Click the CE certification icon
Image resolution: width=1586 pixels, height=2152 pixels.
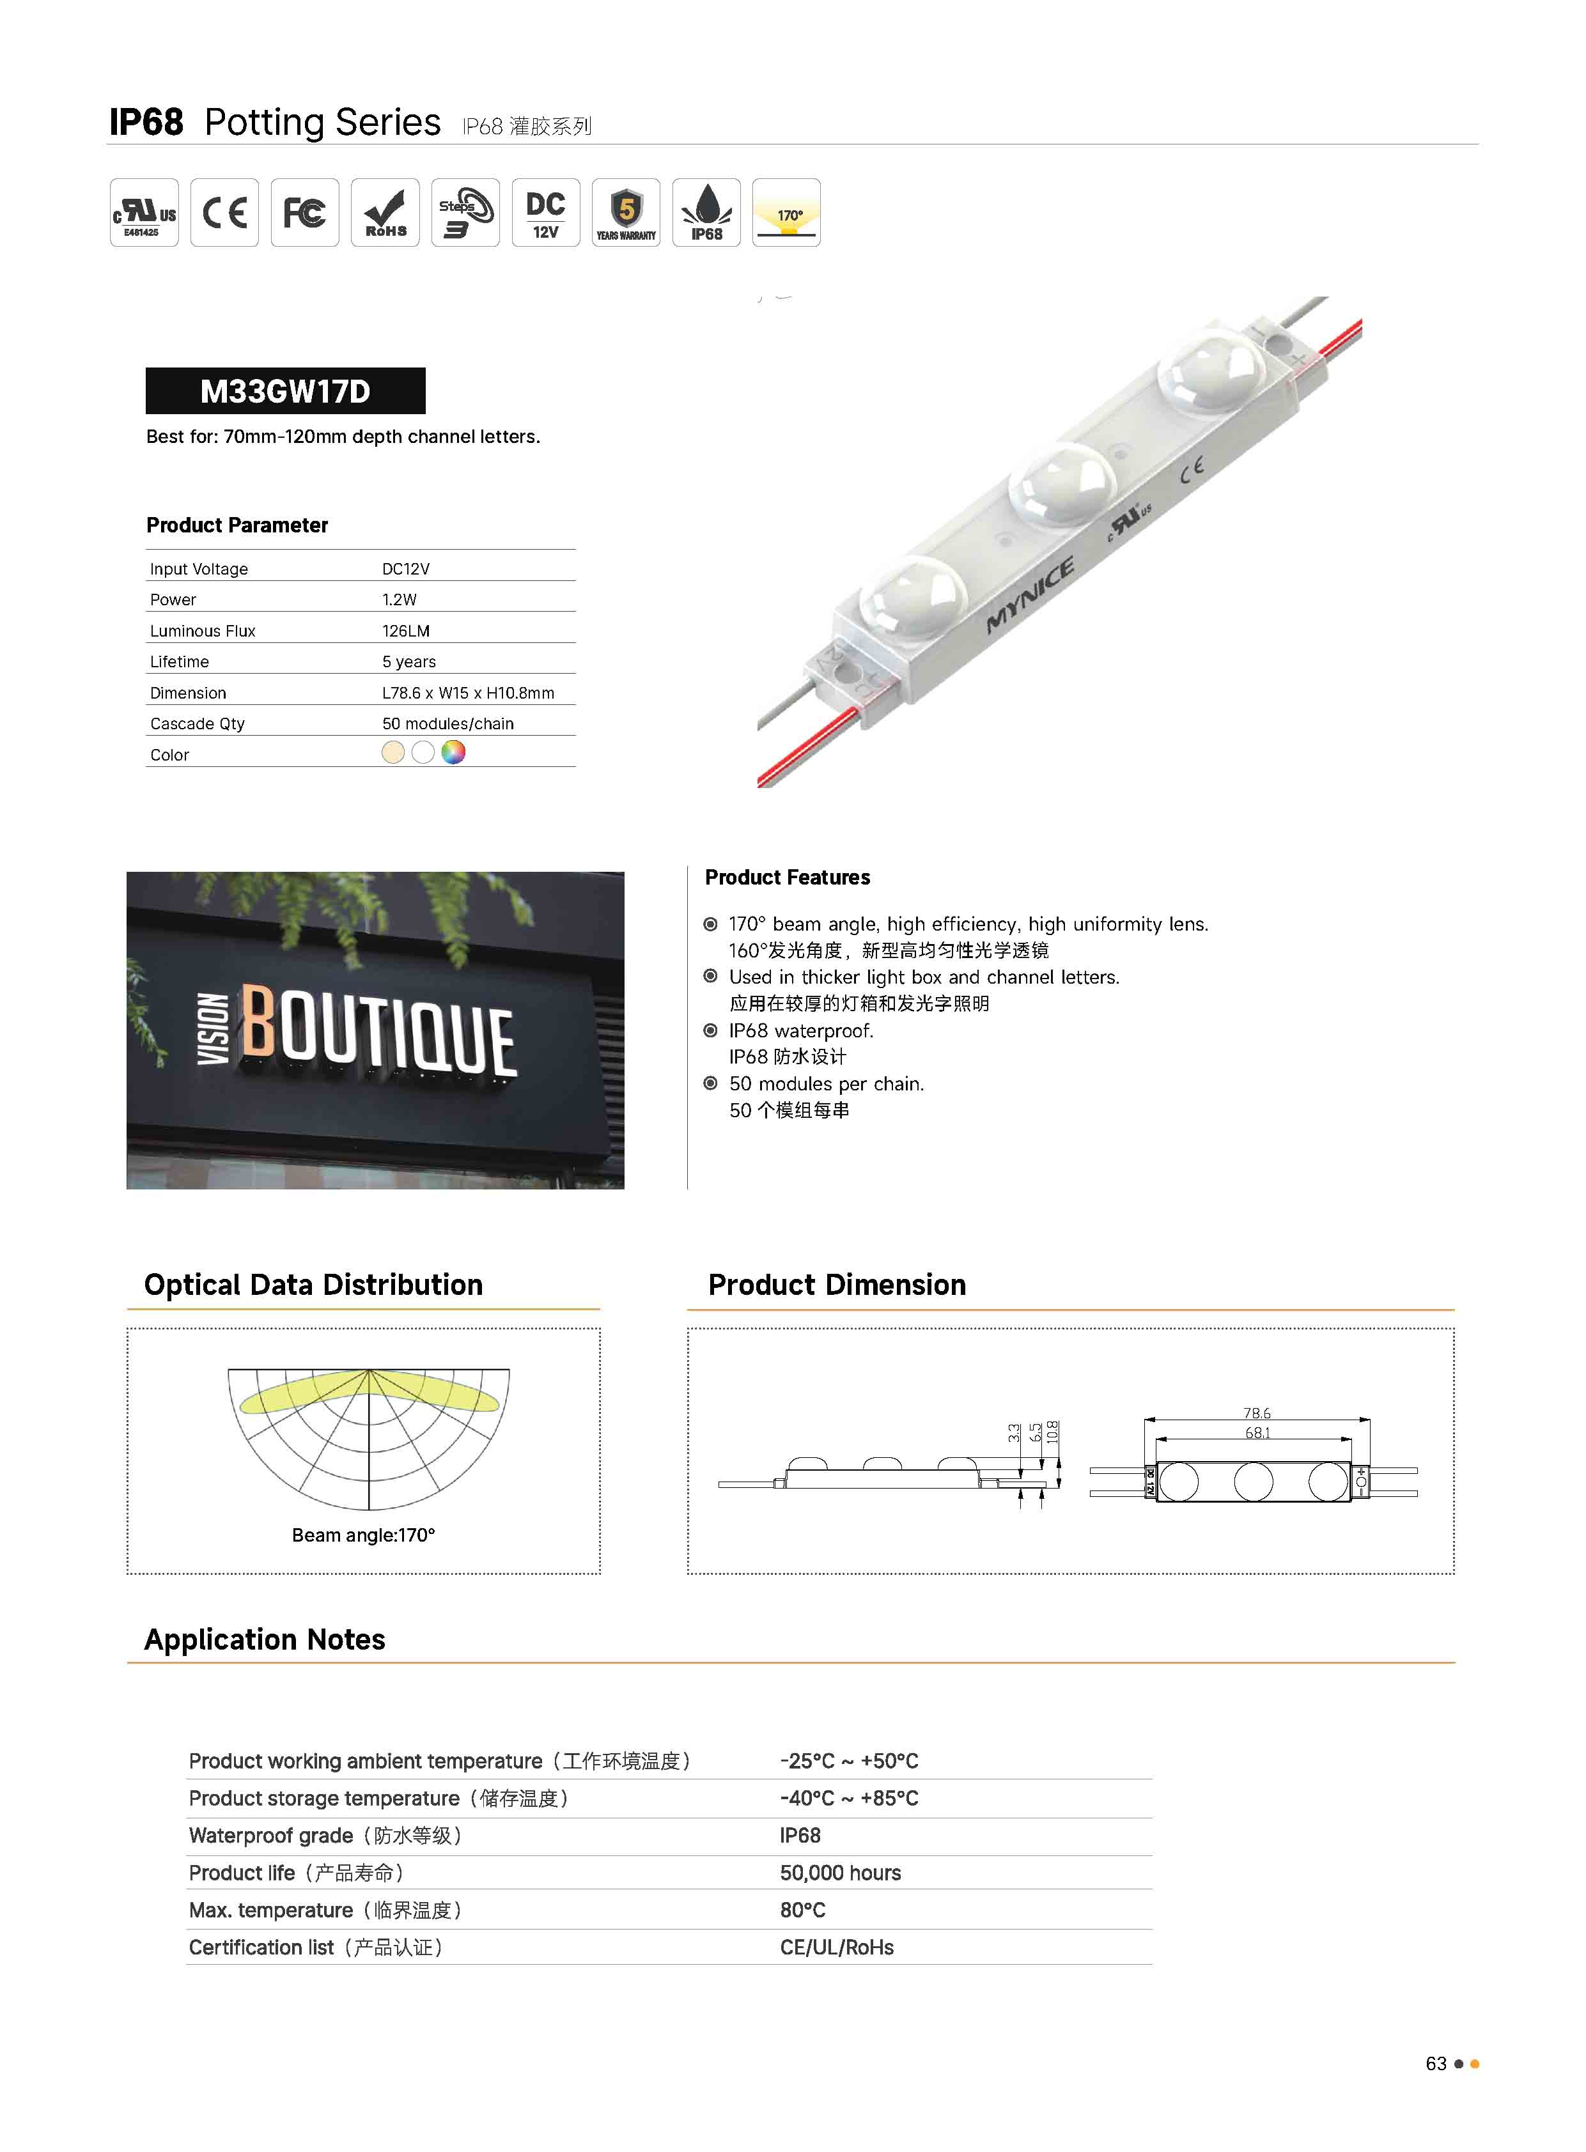tap(224, 212)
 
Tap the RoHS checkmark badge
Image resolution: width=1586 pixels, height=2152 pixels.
tap(385, 212)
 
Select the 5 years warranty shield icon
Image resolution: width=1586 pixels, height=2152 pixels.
tap(626, 212)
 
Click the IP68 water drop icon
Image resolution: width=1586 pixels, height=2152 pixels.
tap(706, 212)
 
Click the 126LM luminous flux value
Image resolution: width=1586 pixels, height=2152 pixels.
tap(406, 631)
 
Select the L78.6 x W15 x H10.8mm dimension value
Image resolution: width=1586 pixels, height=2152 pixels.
tap(467, 693)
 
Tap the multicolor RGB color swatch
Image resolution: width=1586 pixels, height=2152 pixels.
tap(453, 752)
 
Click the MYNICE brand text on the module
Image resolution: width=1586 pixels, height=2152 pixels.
tap(1030, 596)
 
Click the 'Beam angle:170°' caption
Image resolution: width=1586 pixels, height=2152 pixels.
tap(363, 1535)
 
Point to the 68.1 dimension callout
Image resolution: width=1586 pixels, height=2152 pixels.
tap(1257, 1433)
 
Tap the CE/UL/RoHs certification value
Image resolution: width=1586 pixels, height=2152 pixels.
tap(836, 1947)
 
